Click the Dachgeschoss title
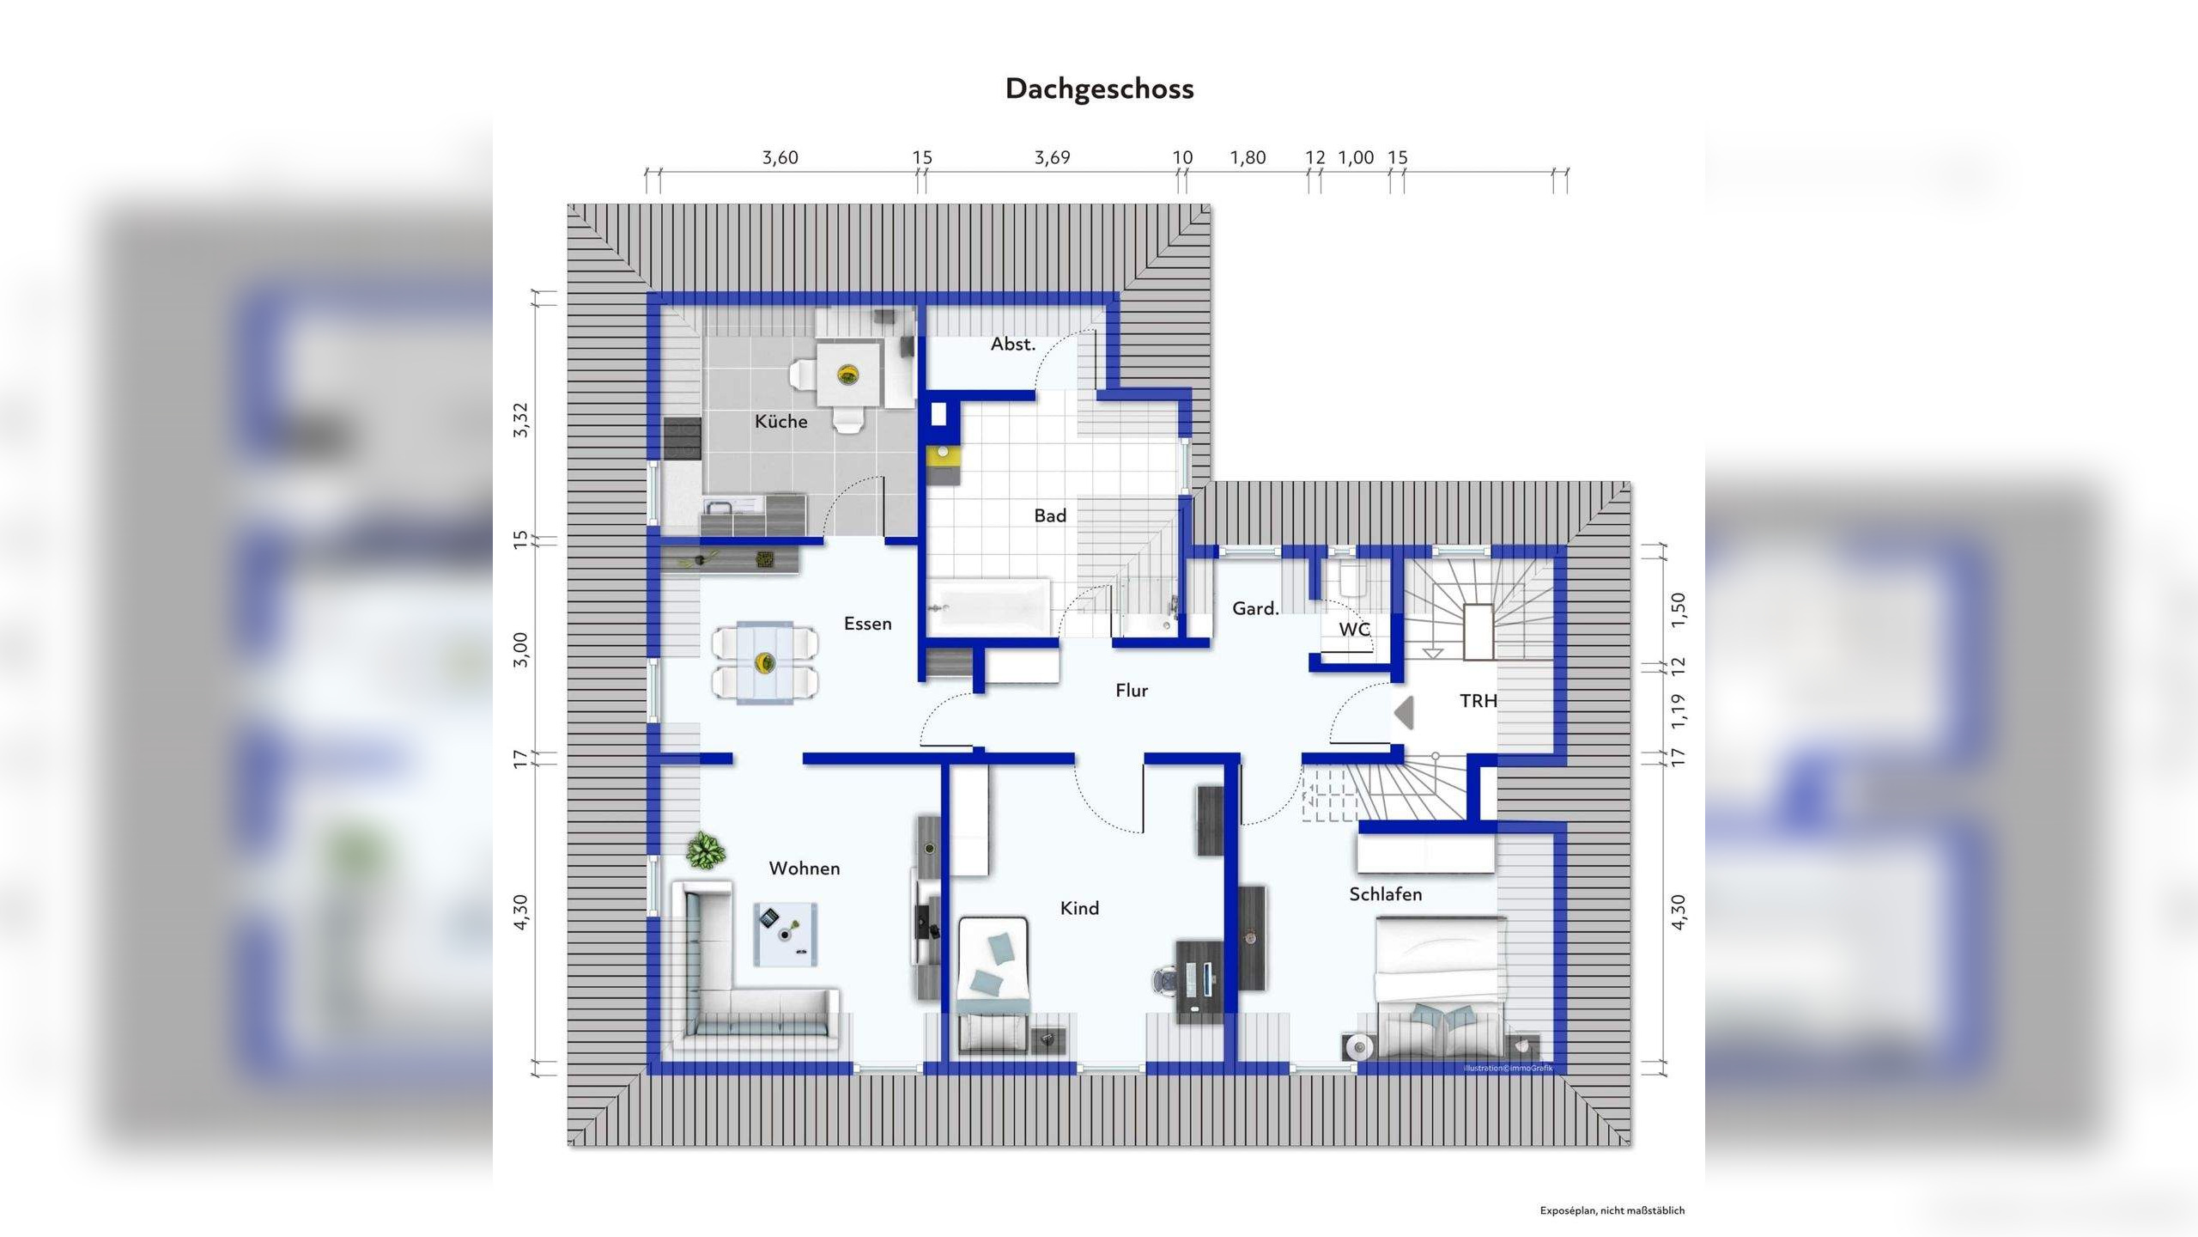click(1099, 88)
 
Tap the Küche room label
click(780, 421)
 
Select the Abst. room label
click(1012, 344)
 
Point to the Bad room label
click(1049, 515)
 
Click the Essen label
click(867, 624)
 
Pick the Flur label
click(1131, 691)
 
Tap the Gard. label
click(1255, 608)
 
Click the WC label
click(1354, 629)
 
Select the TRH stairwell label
click(1478, 701)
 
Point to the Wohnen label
click(804, 868)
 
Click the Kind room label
click(1079, 908)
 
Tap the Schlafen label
click(1385, 894)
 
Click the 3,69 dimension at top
click(1052, 157)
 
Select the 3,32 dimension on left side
click(521, 420)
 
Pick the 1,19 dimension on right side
click(1679, 710)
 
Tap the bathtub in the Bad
click(989, 606)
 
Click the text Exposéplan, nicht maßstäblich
click(1612, 1210)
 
